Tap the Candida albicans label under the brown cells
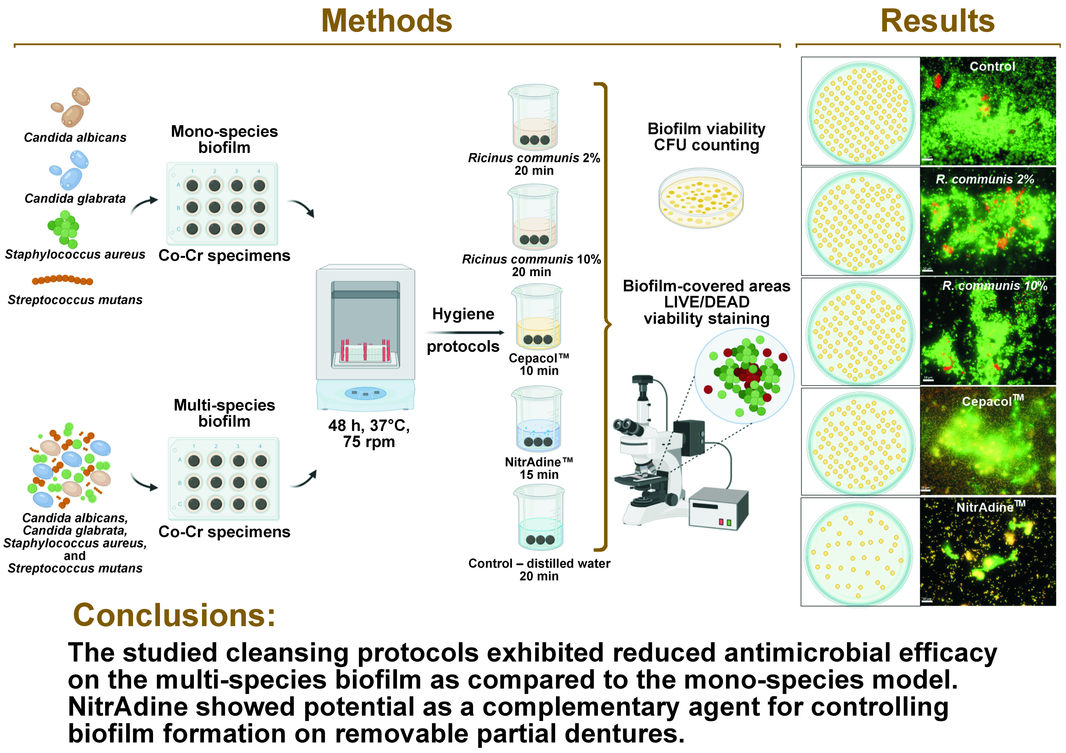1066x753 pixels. pyautogui.click(x=75, y=138)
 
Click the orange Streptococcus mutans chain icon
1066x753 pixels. pyautogui.click(x=62, y=280)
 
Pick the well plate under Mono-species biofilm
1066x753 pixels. pyautogui.click(x=222, y=204)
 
